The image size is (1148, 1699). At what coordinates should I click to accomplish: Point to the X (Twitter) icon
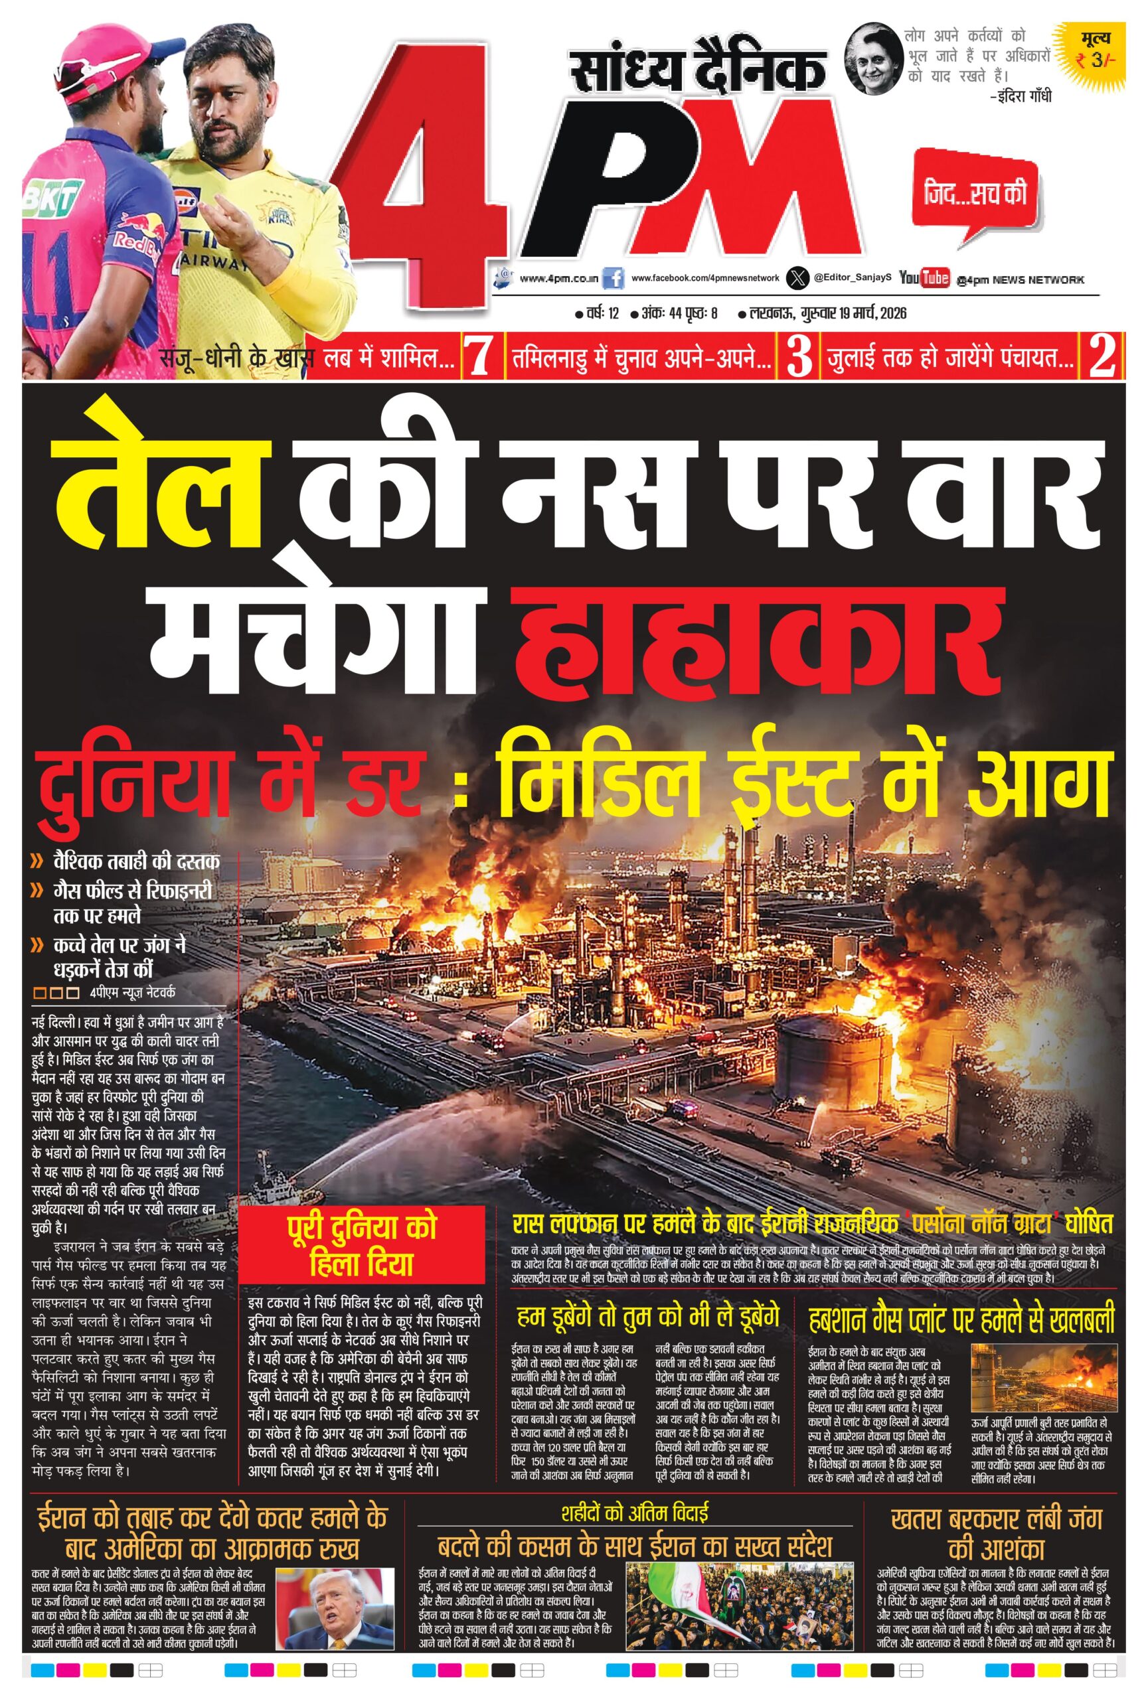797,278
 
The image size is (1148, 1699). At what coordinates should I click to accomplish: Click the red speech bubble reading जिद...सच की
975,194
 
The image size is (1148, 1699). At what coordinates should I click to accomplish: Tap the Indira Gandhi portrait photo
872,60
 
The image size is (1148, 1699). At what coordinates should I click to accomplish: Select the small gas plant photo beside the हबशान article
1044,1378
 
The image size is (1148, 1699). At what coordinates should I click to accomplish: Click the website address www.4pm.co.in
558,279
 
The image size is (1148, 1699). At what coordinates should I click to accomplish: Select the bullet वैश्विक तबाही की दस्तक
136,861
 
